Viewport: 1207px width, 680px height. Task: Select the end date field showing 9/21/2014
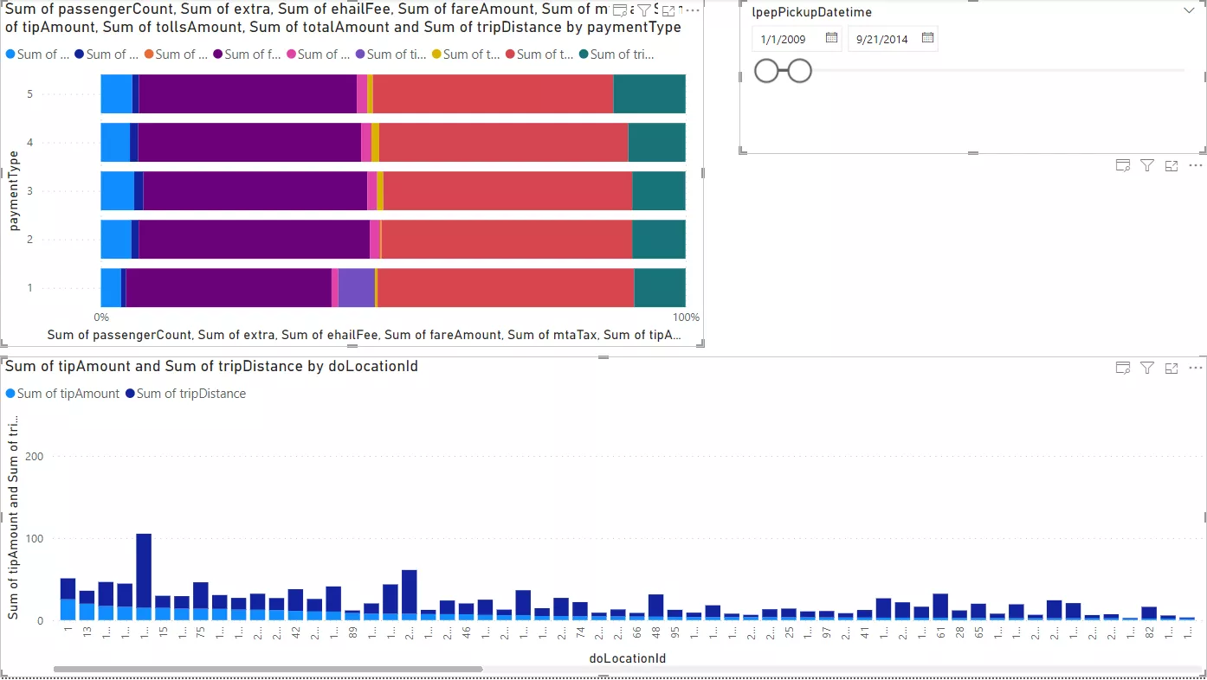point(882,39)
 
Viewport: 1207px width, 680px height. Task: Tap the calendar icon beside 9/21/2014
point(927,38)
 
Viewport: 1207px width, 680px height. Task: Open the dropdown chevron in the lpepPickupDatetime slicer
point(1188,11)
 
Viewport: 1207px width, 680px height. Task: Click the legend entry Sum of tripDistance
point(190,394)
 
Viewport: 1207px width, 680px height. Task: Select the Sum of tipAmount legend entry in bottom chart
point(68,394)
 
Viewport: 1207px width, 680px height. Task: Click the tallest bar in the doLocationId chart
point(144,576)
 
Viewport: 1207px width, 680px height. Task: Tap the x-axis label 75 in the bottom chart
point(200,632)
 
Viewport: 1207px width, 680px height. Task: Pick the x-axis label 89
point(352,632)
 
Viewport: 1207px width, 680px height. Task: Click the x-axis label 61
point(940,632)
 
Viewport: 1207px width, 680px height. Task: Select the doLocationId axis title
point(627,658)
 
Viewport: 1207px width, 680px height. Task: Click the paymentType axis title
point(14,190)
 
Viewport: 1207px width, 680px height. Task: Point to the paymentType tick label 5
point(29,93)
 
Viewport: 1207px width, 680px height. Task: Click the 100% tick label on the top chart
point(686,318)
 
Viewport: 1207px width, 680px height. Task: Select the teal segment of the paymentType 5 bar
point(649,93)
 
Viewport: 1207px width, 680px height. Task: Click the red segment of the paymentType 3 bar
point(507,190)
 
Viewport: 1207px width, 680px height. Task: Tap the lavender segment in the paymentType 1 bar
point(356,287)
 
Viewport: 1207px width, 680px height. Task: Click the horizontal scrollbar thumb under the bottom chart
point(268,669)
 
